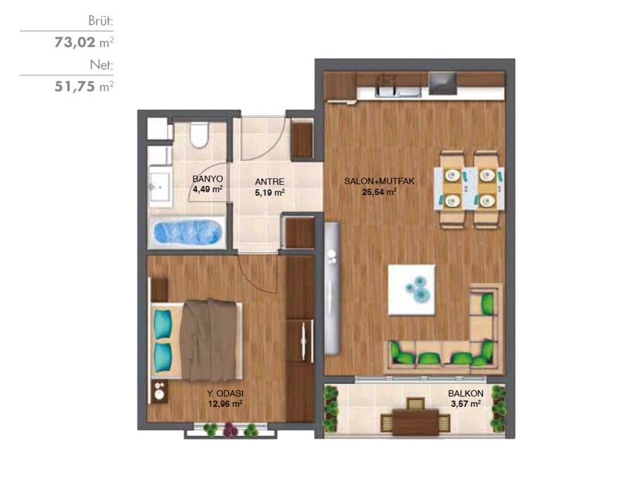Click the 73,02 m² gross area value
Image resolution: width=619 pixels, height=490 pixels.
(84, 42)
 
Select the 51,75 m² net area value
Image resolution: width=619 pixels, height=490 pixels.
(84, 86)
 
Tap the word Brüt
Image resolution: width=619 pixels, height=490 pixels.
(101, 21)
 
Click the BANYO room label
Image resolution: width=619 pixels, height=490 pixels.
(207, 179)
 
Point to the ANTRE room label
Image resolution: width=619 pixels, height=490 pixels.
(269, 182)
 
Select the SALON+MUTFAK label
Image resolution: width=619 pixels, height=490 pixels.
(379, 181)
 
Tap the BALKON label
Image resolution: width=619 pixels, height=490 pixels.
(466, 393)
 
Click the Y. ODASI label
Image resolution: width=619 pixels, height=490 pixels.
(225, 393)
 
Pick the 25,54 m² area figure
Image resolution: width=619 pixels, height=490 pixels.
(379, 192)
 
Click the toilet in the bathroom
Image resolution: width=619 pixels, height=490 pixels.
(199, 135)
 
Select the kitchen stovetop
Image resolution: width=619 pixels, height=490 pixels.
(443, 84)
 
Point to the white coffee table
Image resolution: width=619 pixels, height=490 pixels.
(412, 290)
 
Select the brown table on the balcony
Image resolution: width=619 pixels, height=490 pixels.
(416, 422)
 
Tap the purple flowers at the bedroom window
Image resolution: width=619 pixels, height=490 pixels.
(230, 430)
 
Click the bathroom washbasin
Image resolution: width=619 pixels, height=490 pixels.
(160, 187)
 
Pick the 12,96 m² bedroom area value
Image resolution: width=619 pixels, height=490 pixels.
(225, 404)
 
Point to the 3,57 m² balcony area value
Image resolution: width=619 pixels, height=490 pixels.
(466, 404)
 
